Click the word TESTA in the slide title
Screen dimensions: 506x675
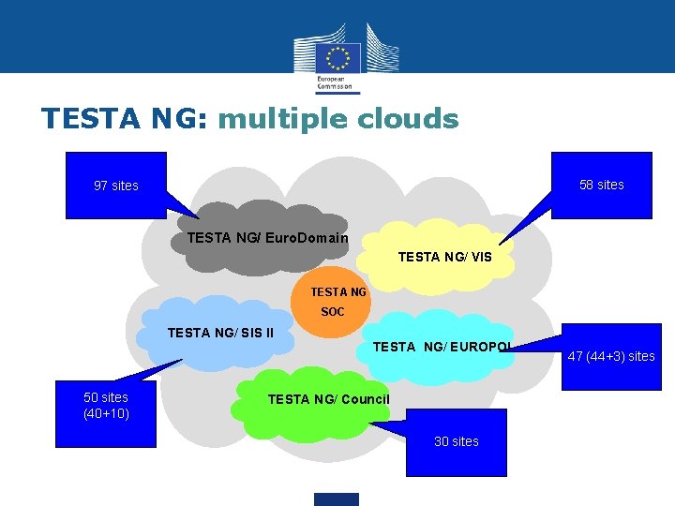pos(82,119)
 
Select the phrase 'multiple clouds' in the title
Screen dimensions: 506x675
pos(338,119)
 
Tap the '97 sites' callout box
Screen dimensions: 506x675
pos(115,186)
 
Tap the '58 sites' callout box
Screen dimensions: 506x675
pos(601,185)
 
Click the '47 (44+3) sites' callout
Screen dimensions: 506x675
pos(610,355)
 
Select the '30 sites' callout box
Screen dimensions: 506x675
pos(457,441)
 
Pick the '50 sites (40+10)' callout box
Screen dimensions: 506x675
pos(106,406)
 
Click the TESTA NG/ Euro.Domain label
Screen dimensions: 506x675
pos(267,238)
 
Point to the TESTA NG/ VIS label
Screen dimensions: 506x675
pos(444,256)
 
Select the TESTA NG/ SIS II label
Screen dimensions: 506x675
pos(220,332)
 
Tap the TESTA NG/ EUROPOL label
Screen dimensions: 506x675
pos(442,348)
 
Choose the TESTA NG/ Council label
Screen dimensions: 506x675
pos(328,399)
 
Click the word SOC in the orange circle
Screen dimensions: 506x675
pos(333,312)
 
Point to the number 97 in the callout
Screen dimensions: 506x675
pos(101,186)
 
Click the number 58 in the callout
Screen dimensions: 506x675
pos(587,185)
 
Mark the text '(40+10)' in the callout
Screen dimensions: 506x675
pos(106,413)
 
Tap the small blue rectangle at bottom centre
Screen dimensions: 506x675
pos(337,499)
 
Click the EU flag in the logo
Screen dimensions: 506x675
pos(337,56)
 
